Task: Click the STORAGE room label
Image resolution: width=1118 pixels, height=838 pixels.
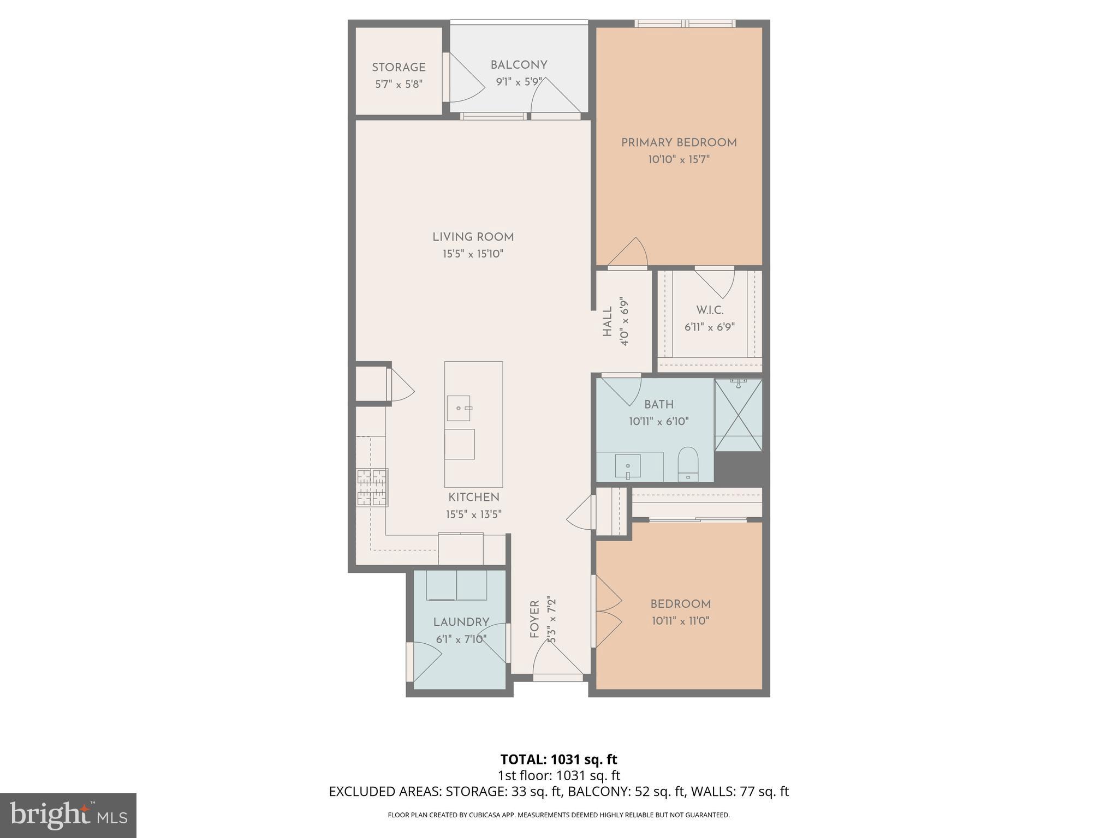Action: point(399,68)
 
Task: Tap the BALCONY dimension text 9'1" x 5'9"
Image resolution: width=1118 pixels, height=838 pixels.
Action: point(519,82)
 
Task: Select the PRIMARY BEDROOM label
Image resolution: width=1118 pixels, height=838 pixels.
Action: point(679,143)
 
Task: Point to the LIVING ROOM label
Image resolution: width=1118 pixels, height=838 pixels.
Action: point(473,237)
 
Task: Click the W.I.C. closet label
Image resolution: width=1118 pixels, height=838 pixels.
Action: point(710,310)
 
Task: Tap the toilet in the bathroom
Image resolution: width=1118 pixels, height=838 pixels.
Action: point(688,464)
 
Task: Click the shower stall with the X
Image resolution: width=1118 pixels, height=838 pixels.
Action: point(738,415)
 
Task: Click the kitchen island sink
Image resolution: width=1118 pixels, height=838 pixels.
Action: point(459,408)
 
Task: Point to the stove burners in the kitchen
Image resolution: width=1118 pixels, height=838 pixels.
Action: point(372,487)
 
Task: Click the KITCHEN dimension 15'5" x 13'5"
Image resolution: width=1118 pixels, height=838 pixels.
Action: point(473,514)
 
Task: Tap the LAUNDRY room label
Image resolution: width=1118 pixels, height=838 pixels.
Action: point(461,622)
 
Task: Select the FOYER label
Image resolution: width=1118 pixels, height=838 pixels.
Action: point(534,619)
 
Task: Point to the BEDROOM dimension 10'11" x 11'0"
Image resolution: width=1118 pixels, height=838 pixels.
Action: point(680,621)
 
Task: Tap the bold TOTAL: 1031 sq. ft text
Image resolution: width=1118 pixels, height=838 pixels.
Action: point(558,759)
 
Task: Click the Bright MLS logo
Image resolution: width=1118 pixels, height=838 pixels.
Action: point(68,815)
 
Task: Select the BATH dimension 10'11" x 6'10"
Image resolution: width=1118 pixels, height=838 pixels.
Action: point(658,422)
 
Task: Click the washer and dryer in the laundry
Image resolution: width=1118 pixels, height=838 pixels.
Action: point(456,585)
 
